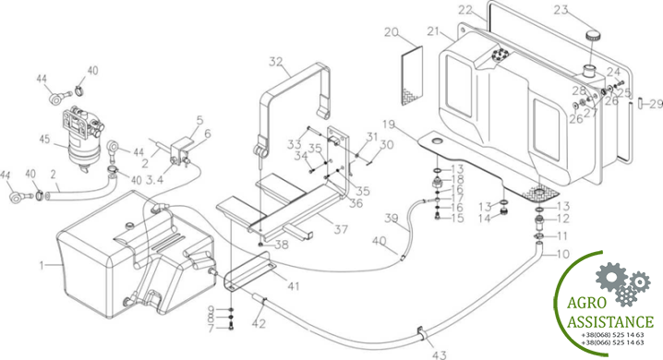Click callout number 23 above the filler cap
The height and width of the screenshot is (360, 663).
pos(561,9)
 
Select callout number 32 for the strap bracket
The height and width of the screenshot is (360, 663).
pos(276,62)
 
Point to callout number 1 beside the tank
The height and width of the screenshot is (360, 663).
pos(42,265)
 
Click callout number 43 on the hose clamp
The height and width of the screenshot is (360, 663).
pos(439,354)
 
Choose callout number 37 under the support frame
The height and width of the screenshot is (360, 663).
pos(341,230)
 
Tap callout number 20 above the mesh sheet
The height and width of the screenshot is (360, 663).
pos(392,32)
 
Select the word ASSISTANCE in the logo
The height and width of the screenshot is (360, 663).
pos(610,321)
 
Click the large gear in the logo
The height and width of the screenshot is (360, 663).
pos(611,276)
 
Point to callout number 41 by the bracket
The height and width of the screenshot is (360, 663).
pos(294,286)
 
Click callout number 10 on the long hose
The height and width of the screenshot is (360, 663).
pos(562,254)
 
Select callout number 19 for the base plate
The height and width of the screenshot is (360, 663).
pos(389,125)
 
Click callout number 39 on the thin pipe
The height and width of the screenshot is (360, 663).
pos(392,218)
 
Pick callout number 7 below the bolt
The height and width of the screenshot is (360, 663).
pos(211,328)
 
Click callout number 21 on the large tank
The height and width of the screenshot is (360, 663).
pos(434,31)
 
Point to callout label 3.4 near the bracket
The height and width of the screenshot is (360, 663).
pos(154,181)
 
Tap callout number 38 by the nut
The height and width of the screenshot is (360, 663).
pos(282,245)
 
